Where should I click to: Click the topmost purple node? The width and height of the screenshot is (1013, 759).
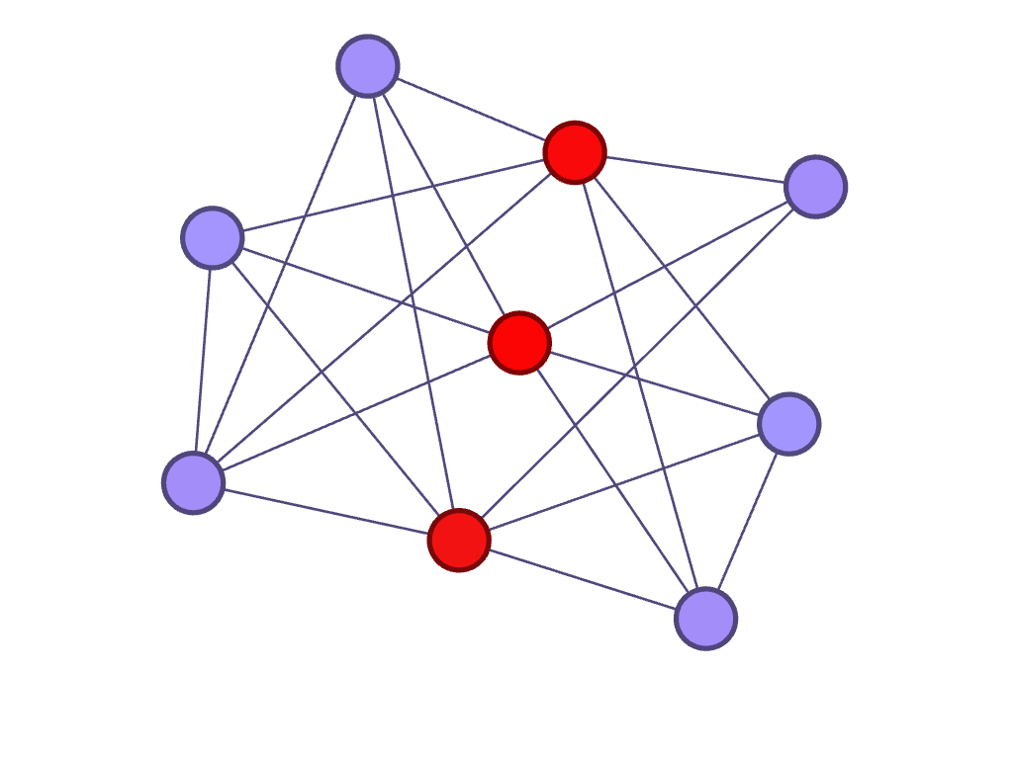point(368,66)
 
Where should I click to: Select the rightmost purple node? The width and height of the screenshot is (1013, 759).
point(815,186)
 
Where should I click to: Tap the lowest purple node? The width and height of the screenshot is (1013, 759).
point(705,619)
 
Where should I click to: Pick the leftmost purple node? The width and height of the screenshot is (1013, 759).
point(194,482)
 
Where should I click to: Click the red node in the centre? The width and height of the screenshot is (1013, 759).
point(519,343)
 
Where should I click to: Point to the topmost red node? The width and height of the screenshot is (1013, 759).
point(575,152)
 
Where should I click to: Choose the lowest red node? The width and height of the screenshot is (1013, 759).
point(459,540)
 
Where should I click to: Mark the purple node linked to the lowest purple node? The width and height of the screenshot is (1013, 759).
point(788,424)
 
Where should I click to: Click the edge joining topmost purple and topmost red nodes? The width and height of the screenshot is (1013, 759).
point(471,109)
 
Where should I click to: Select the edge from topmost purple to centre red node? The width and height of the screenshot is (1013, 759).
point(443,205)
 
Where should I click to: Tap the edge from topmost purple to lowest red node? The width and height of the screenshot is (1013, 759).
point(414,302)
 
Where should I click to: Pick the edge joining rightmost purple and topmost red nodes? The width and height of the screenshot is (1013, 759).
point(694,169)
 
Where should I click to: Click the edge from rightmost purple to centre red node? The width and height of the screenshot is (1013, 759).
point(667,265)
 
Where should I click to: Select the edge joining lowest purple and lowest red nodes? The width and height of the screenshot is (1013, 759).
point(582,579)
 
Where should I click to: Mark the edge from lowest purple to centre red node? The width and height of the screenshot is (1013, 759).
point(612,480)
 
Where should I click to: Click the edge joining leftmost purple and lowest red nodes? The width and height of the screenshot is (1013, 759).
point(326,511)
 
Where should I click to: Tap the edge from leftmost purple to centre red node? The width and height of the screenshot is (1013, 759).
point(356,413)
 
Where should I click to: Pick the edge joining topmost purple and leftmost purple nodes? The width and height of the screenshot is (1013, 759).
point(281,274)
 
